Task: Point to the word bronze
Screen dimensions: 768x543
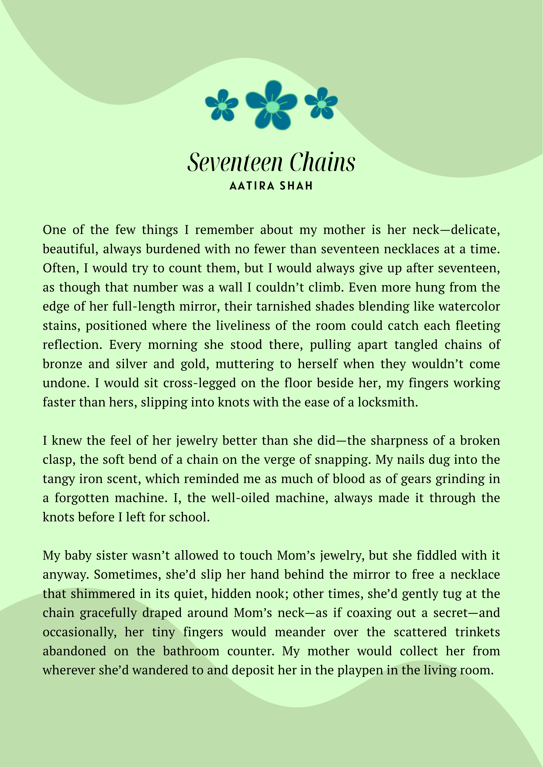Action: (62, 364)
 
